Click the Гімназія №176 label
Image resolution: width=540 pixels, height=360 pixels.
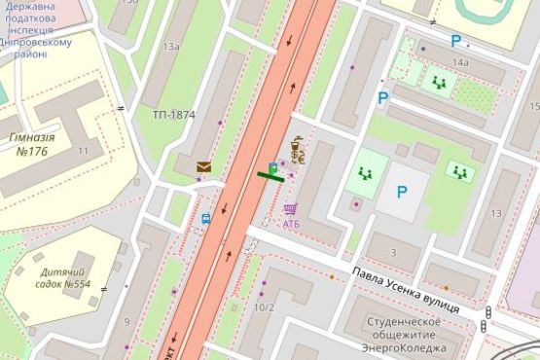click(32, 144)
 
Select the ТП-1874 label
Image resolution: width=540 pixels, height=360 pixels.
click(173, 115)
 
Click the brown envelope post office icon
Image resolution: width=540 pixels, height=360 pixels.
click(203, 167)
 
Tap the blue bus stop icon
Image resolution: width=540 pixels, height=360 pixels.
click(206, 219)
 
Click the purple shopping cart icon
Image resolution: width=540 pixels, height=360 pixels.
click(290, 209)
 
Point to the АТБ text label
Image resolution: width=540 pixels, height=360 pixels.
click(292, 224)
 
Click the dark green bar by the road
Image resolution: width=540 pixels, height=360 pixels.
click(270, 176)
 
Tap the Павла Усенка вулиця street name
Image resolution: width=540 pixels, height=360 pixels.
click(408, 288)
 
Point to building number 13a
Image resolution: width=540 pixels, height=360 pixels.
click(171, 47)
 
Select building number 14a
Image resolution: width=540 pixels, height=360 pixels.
click(460, 62)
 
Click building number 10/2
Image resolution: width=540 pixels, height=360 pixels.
click(263, 308)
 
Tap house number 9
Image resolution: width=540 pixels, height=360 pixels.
click(126, 321)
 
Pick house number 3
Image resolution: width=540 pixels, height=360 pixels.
click(393, 253)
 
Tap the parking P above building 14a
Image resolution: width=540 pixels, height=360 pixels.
click(454, 41)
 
